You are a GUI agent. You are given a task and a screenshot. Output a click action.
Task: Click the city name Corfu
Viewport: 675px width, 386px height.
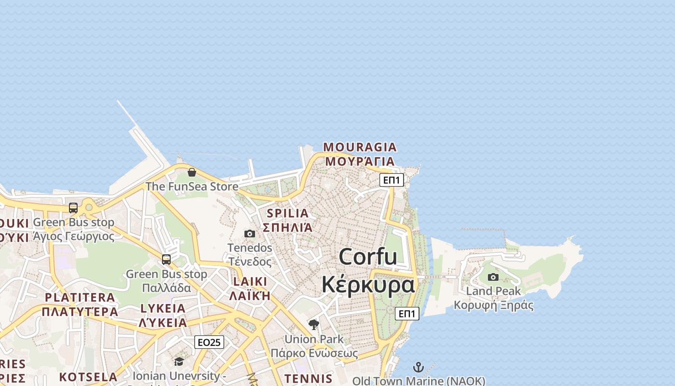click(x=368, y=256)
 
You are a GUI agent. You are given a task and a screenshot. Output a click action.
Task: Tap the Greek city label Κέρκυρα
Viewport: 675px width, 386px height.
click(x=368, y=285)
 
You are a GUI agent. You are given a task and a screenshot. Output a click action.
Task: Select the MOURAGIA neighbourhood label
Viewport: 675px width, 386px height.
click(x=360, y=147)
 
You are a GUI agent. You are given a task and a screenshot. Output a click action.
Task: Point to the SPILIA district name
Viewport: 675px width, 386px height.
click(x=287, y=213)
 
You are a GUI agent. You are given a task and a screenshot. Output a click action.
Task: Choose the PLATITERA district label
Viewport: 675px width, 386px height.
click(x=80, y=297)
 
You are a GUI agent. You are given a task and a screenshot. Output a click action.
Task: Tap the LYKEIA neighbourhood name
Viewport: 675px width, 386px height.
click(x=163, y=308)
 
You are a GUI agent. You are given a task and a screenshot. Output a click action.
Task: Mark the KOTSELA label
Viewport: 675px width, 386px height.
click(x=88, y=377)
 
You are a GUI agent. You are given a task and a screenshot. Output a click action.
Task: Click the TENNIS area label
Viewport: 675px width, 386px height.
click(x=309, y=379)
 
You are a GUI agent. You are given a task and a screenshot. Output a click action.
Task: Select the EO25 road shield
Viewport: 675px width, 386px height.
click(x=209, y=343)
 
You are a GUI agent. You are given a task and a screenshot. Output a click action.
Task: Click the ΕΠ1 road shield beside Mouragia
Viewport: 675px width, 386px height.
click(x=391, y=180)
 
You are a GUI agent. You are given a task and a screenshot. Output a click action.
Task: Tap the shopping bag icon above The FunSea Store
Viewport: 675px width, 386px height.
click(x=192, y=172)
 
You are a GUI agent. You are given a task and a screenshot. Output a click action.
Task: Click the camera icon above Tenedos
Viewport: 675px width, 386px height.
click(x=250, y=234)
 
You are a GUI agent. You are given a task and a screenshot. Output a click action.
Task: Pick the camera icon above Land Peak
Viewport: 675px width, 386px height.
click(x=493, y=277)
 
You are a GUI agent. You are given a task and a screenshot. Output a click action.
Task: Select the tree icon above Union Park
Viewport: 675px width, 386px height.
click(x=314, y=325)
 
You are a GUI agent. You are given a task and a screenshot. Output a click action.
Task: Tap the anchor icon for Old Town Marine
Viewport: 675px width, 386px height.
click(x=418, y=368)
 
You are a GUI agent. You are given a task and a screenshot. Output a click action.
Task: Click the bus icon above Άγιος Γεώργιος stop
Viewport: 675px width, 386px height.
click(x=73, y=208)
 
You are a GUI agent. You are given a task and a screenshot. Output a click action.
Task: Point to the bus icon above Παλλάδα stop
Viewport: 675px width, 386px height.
click(x=166, y=260)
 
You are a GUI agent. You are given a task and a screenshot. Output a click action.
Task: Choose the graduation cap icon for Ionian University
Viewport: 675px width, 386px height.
click(x=179, y=361)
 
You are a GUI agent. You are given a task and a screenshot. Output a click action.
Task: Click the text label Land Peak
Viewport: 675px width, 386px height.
click(x=493, y=291)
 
